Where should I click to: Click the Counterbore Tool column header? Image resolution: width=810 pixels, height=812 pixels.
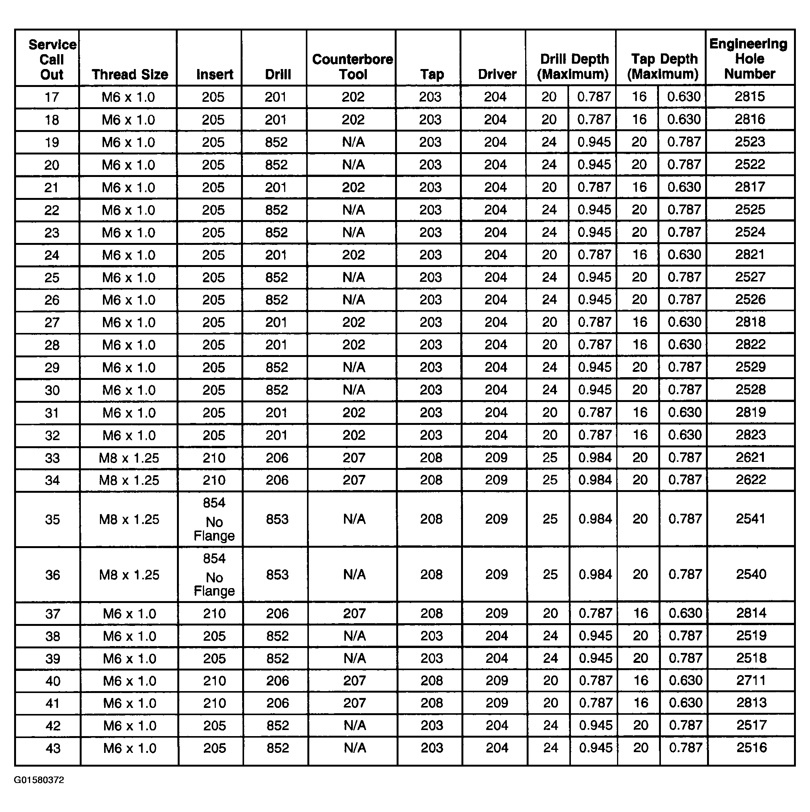pyautogui.click(x=352, y=67)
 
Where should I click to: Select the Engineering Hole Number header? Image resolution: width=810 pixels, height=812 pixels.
pyautogui.click(x=749, y=59)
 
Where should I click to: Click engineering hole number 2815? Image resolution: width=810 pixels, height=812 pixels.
pyautogui.click(x=749, y=96)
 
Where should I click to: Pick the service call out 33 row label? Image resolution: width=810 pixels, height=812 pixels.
pyautogui.click(x=52, y=458)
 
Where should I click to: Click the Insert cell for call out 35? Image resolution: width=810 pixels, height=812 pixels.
pyautogui.click(x=214, y=519)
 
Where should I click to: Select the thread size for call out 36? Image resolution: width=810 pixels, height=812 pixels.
pyautogui.click(x=129, y=574)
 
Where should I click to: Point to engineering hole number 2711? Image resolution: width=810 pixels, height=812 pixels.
pyautogui.click(x=751, y=680)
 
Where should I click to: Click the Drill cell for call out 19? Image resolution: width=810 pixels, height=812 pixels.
pyautogui.click(x=276, y=142)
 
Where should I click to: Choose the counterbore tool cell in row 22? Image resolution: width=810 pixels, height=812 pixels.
pyautogui.click(x=353, y=210)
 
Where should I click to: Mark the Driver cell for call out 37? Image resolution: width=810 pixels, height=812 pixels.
pyautogui.click(x=497, y=613)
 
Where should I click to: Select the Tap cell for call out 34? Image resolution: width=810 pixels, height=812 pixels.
pyautogui.click(x=431, y=480)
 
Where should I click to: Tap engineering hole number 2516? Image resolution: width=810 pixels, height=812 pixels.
pyautogui.click(x=752, y=748)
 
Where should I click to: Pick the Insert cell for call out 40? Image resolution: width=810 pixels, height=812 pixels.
pyautogui.click(x=214, y=681)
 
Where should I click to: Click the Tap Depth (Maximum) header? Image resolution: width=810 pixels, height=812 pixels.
pyautogui.click(x=663, y=67)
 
